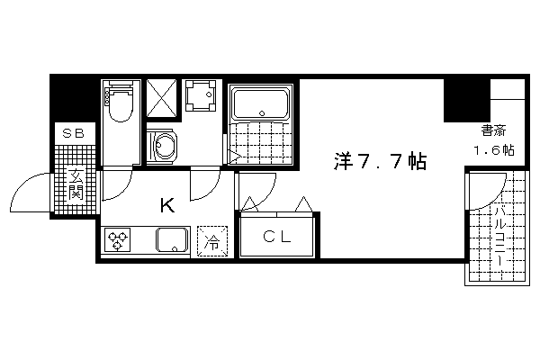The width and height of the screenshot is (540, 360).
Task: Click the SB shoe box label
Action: click(74, 133)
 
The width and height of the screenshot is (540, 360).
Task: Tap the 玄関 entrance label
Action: click(75, 184)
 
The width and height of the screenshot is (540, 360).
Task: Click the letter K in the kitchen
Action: click(167, 206)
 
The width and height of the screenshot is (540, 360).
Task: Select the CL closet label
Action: click(276, 237)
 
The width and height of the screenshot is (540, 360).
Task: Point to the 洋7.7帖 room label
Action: click(380, 161)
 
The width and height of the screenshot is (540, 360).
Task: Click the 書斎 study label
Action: click(493, 130)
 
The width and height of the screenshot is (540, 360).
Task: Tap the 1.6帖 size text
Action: click(494, 150)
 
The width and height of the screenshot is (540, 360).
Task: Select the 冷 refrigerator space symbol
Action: click(212, 241)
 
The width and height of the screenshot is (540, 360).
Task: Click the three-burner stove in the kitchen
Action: click(116, 239)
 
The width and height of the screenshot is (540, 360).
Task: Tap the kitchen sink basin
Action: click(173, 240)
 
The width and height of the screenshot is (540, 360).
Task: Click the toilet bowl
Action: click(121, 103)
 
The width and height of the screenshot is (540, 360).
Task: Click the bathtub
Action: click(260, 103)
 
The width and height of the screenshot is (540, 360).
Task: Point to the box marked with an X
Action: click(162, 99)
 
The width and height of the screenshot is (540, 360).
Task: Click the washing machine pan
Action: click(201, 95)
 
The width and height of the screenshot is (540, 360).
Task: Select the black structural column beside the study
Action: click(466, 100)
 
